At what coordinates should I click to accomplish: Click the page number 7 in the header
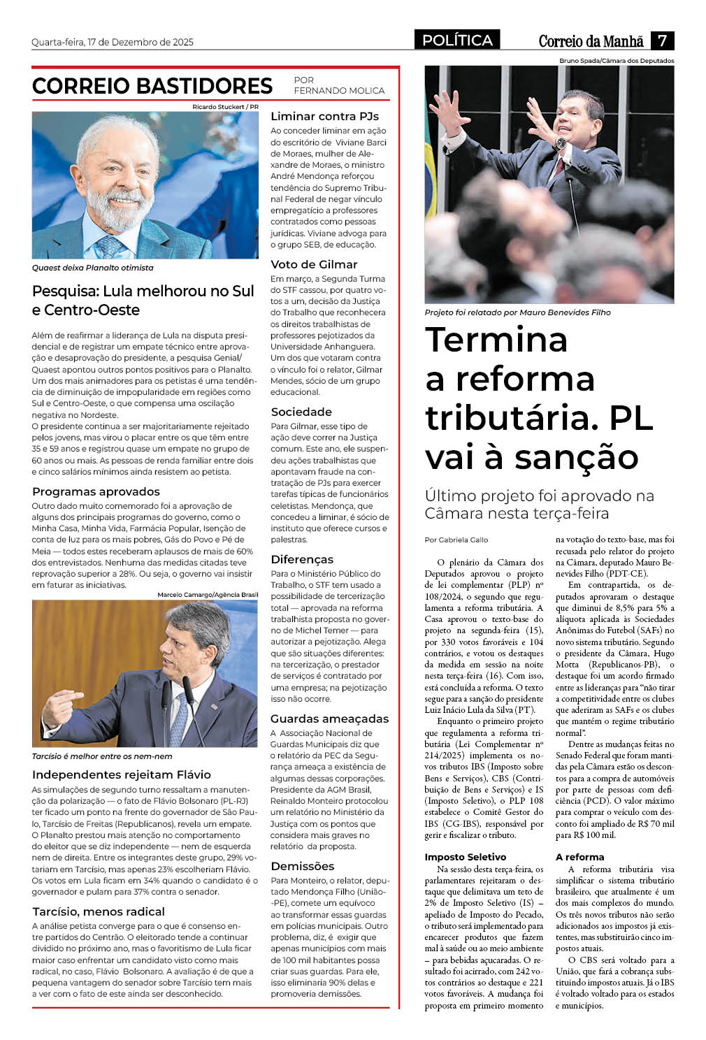pos(662,41)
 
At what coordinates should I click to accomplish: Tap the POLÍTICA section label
pos(457,41)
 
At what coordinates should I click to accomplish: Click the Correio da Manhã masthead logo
pos(591,41)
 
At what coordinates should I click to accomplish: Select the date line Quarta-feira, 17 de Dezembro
pos(113,42)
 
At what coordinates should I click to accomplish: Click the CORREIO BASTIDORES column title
pos(152,86)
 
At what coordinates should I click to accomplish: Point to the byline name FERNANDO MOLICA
pos(339,90)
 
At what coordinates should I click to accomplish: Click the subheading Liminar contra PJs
pos(324,116)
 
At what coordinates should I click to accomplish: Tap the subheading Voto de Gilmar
pos(314,264)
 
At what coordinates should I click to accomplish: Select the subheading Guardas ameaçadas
pos(329,718)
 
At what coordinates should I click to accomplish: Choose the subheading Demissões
pos(303,866)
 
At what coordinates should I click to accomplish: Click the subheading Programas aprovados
pos(96,491)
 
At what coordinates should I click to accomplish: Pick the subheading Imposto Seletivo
pos(465,857)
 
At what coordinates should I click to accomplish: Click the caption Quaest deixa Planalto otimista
pos(92,268)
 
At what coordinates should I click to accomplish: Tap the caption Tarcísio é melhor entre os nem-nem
pos(102,756)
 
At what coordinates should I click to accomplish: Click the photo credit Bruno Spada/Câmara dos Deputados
pos(617,61)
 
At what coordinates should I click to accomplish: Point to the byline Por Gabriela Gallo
pos(456,540)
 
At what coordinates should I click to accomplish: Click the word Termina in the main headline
pos(496,340)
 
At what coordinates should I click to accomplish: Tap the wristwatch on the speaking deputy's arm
pos(561,144)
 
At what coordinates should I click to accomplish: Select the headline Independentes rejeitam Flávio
pos(122,774)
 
